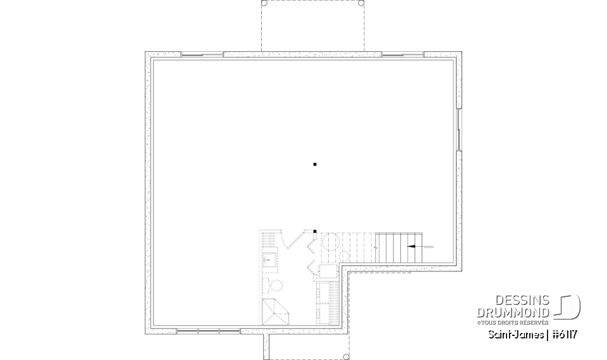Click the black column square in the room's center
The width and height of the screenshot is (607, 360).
(314, 164)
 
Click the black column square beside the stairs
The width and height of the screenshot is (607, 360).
(314, 232)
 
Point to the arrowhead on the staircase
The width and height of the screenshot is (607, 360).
(412, 245)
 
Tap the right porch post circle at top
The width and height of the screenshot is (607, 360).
(361, 3)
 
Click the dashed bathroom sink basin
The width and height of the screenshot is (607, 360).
(268, 258)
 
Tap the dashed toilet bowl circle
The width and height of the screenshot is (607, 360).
(267, 283)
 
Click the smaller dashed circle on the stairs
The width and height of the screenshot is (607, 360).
(345, 256)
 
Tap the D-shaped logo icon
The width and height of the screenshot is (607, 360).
(568, 306)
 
